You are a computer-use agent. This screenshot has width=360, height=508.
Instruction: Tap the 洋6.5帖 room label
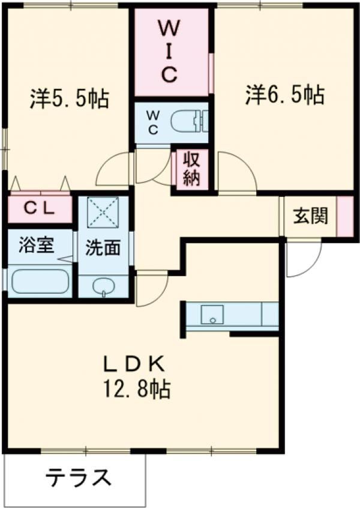tap(284, 95)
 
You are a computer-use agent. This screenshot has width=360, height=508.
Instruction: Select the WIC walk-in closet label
tap(170, 50)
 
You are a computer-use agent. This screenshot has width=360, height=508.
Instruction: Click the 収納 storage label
tap(191, 170)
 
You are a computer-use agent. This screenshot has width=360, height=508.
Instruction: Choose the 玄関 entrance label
tap(310, 216)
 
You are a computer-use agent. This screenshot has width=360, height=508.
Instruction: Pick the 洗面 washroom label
tap(102, 249)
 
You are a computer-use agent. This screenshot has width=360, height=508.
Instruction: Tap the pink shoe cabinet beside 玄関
tap(345, 216)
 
